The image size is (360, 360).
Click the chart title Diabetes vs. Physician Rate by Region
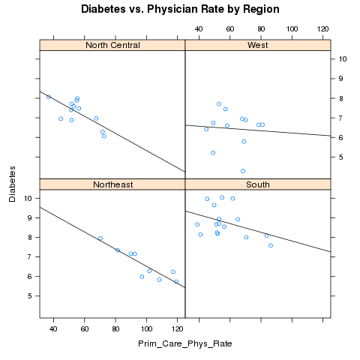pyautogui.click(x=180, y=9)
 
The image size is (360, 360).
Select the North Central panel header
pyautogui.click(x=112, y=45)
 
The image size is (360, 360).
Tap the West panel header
pyautogui.click(x=258, y=45)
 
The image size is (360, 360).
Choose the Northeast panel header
pyautogui.click(x=112, y=184)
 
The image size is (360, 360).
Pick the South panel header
pyautogui.click(x=258, y=184)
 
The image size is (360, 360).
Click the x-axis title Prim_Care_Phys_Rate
pyautogui.click(x=185, y=344)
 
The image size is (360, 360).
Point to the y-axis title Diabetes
pyautogui.click(x=12, y=184)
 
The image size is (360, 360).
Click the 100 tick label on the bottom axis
pyautogui.click(x=146, y=329)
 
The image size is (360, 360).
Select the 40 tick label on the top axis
pyautogui.click(x=199, y=29)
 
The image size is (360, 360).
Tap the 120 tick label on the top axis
pyautogui.click(x=322, y=29)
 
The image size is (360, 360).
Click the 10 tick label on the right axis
pyautogui.click(x=343, y=59)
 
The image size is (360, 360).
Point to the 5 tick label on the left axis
pyautogui.click(x=30, y=296)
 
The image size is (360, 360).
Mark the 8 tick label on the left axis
pyautogui.click(x=30, y=237)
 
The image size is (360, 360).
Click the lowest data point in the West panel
pyautogui.click(x=243, y=171)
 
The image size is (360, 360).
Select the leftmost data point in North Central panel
pyautogui.click(x=49, y=97)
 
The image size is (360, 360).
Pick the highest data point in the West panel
pyautogui.click(x=219, y=104)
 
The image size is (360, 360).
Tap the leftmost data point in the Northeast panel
pyautogui.click(x=100, y=238)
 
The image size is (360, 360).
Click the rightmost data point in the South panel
pyautogui.click(x=271, y=245)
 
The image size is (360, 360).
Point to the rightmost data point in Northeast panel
pyautogui.click(x=176, y=282)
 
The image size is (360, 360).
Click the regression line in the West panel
pyautogui.click(x=258, y=130)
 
